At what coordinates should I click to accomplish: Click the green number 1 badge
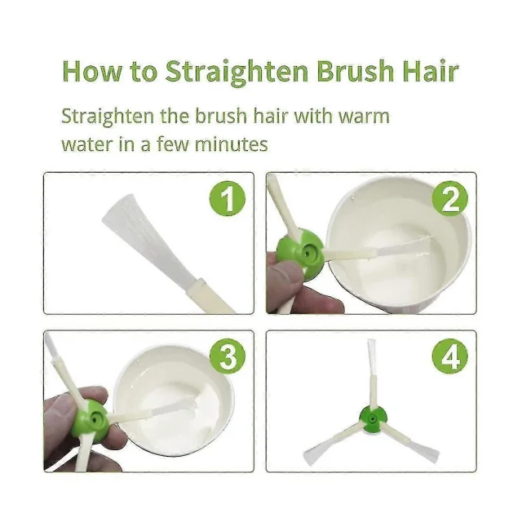click(228, 199)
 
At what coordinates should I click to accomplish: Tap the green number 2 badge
click(449, 199)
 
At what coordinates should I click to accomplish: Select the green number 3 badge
click(228, 356)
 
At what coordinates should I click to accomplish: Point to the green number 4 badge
click(449, 356)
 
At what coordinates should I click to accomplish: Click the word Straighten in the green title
click(237, 72)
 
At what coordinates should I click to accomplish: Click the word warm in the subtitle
click(365, 117)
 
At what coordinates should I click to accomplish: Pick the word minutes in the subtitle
click(231, 144)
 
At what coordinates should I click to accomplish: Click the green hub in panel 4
click(373, 418)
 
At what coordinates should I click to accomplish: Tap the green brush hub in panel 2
click(299, 253)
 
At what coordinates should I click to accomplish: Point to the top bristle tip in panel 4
click(372, 340)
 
